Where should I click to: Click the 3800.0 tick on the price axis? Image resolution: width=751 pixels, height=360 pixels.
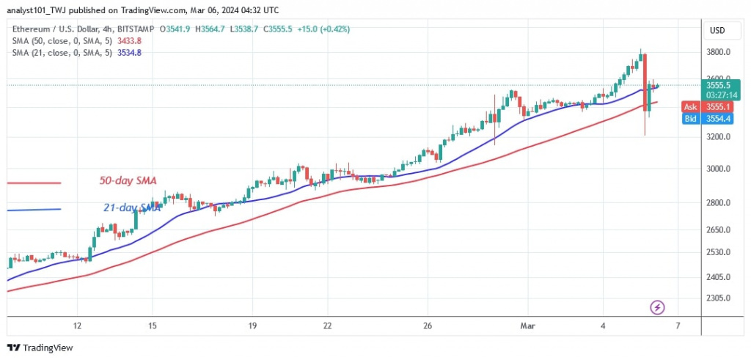pos(719,52)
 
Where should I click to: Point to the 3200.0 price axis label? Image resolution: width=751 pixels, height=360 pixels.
pos(719,137)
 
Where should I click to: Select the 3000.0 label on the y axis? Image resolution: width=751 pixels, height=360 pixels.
pos(719,169)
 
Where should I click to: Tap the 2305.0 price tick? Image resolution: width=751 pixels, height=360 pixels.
pos(719,298)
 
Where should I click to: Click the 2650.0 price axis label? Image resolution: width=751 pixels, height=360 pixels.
pos(719,230)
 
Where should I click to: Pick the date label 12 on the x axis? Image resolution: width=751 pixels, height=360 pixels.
pos(77,325)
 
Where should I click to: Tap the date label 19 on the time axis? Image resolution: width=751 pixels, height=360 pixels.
pos(252,325)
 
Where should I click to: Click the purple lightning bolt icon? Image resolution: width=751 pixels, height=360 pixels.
pos(658,306)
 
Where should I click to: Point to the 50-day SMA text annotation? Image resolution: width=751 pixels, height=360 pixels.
pos(128,180)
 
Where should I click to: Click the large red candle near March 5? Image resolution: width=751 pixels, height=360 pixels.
pos(645,81)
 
